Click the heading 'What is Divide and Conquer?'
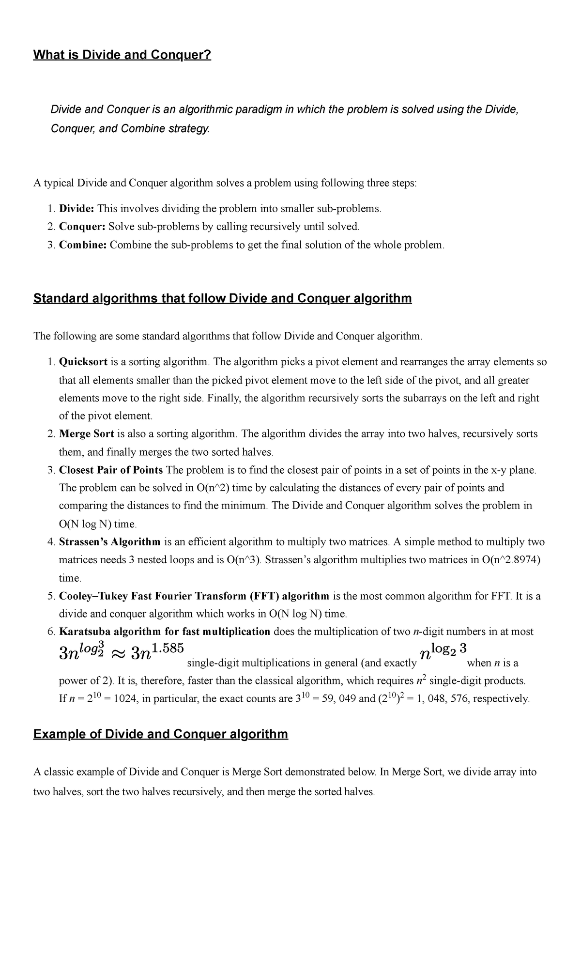tap(122, 55)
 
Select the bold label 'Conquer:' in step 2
tap(82, 227)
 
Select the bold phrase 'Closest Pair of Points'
tap(111, 470)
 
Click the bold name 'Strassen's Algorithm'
tap(109, 542)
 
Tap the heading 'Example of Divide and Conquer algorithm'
tap(160, 735)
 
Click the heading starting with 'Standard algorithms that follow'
tap(222, 298)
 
